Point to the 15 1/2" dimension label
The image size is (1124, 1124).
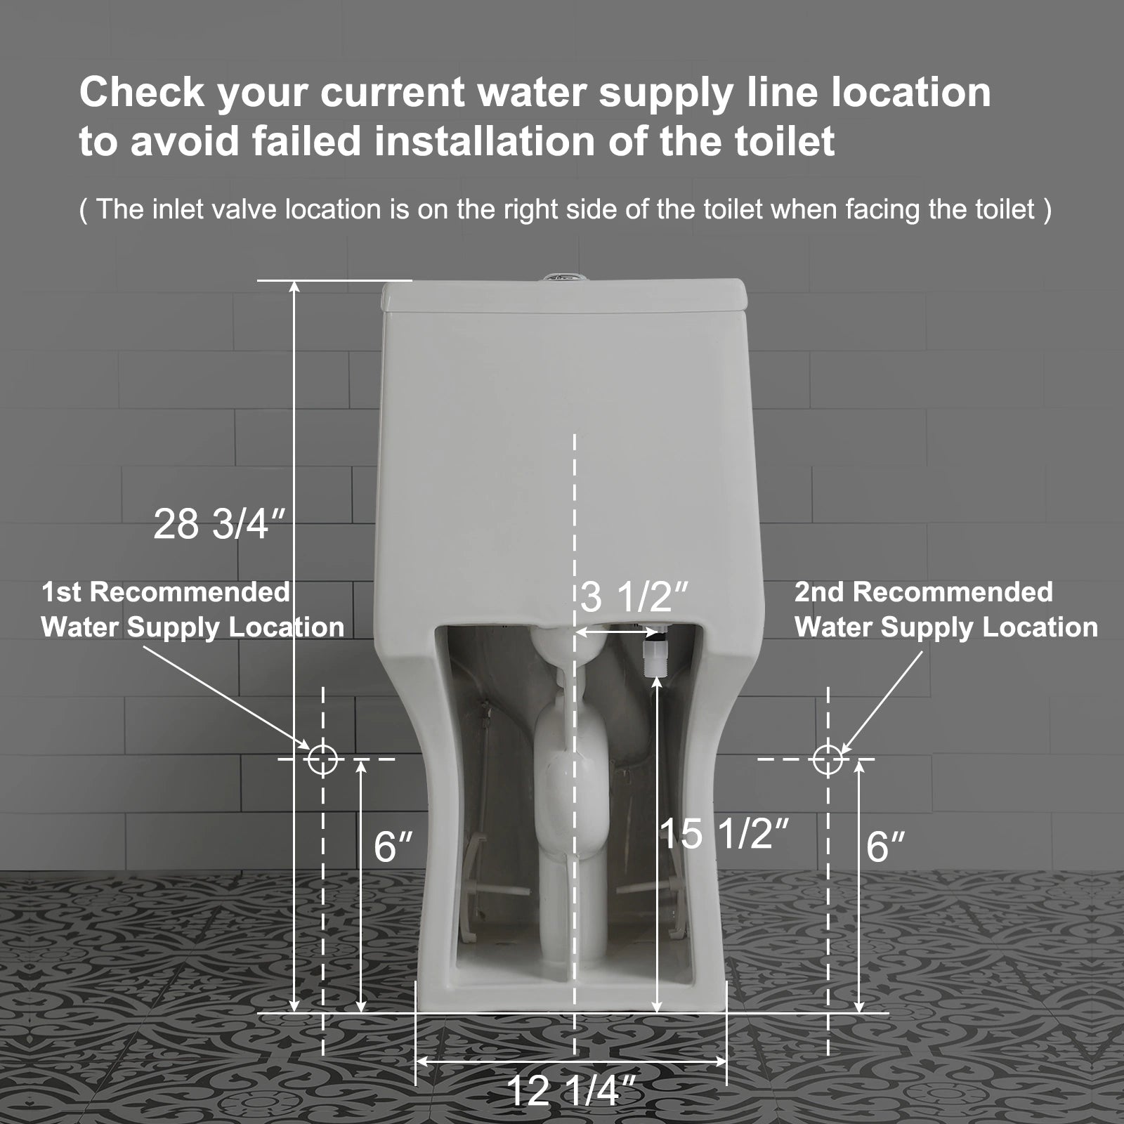point(724,834)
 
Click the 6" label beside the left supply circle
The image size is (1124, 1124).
point(393,846)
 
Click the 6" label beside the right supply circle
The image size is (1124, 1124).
point(885,846)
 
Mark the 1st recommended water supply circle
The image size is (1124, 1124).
point(322,759)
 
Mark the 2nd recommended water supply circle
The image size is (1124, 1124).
point(828,759)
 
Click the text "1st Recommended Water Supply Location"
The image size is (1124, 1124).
point(192,610)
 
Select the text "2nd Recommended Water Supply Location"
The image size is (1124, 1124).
point(946,610)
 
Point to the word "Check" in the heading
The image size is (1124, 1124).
point(141,92)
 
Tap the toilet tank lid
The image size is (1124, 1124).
point(562,295)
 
